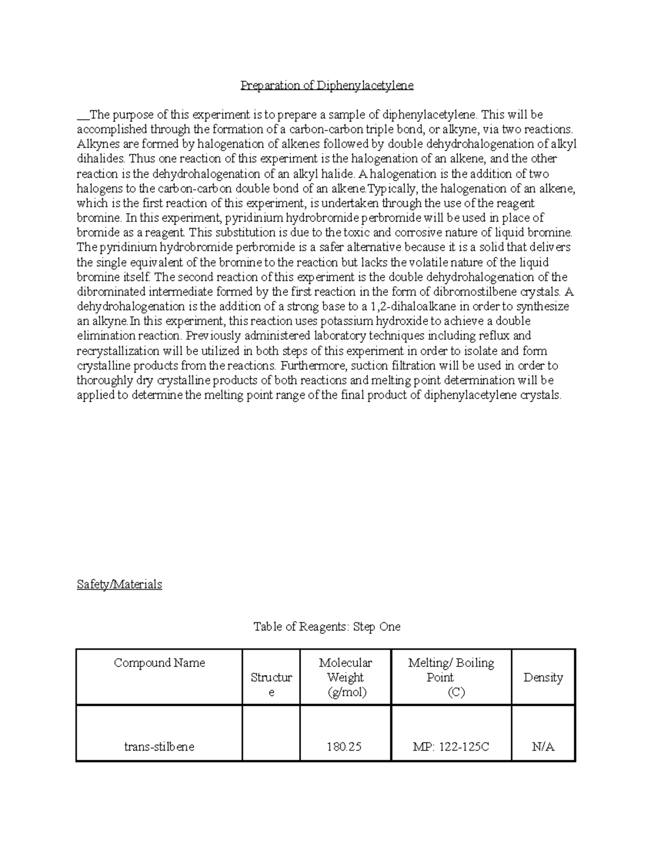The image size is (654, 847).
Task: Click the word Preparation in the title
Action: click(x=265, y=86)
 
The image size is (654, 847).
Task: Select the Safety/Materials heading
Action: click(x=119, y=584)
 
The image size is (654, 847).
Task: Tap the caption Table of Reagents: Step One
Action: click(x=327, y=627)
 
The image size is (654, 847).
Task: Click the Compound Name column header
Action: click(x=159, y=663)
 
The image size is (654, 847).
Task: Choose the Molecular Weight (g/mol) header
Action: click(x=345, y=677)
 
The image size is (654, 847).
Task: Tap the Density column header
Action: click(x=543, y=677)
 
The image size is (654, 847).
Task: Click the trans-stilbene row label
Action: click(x=159, y=747)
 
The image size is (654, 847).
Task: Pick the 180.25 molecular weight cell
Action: click(x=344, y=747)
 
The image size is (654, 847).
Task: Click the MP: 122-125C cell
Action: click(x=451, y=747)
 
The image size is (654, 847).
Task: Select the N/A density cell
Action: click(x=543, y=747)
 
